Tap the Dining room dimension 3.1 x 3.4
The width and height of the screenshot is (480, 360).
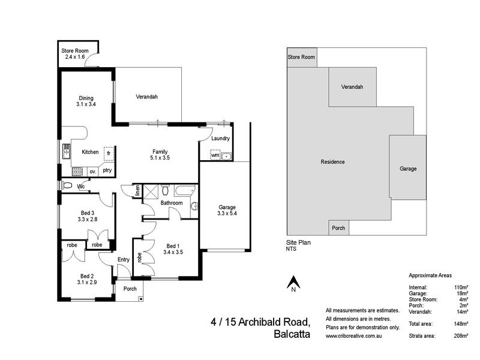pyautogui.click(x=86, y=104)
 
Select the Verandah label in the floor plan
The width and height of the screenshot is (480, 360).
pyautogui.click(x=146, y=97)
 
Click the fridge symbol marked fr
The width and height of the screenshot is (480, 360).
pyautogui.click(x=109, y=153)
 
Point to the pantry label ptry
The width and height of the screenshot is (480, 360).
pyautogui.click(x=107, y=170)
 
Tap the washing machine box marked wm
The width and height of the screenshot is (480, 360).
pyautogui.click(x=214, y=155)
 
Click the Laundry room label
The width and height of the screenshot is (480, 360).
pyautogui.click(x=220, y=139)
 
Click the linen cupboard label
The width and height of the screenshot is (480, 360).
pyautogui.click(x=137, y=191)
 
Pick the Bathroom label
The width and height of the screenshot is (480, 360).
pyautogui.click(x=171, y=203)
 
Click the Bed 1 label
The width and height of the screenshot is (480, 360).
pyautogui.click(x=172, y=246)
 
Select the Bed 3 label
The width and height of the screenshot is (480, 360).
pyautogui.click(x=88, y=212)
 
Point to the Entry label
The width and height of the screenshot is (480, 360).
pyautogui.click(x=124, y=259)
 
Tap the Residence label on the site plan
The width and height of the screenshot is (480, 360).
pyautogui.click(x=332, y=162)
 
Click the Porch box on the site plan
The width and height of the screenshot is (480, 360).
pyautogui.click(x=338, y=228)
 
